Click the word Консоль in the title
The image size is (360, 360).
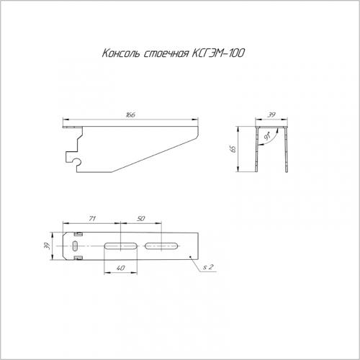click(121, 53)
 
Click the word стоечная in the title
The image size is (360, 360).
click(166, 54)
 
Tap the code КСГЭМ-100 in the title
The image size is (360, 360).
click(218, 53)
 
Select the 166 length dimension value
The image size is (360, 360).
click(130, 114)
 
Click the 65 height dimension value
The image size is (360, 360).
click(233, 149)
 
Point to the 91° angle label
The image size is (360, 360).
click(267, 136)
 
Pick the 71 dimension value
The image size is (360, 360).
click(92, 218)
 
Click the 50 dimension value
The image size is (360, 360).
click(141, 218)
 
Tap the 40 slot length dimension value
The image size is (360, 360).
click(120, 268)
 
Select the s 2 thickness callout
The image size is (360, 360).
click(208, 267)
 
